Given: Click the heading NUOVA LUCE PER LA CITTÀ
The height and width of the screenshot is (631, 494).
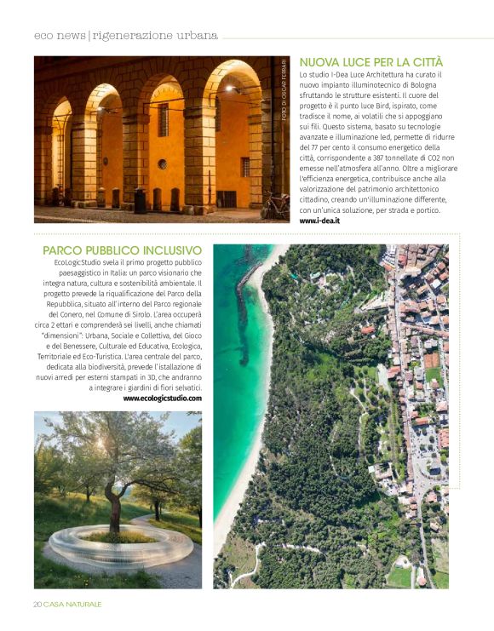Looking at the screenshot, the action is (371, 63).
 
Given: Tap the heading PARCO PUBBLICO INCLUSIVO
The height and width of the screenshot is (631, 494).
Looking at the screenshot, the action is (122, 250).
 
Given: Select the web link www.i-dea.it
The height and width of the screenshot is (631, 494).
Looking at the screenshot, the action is (319, 221).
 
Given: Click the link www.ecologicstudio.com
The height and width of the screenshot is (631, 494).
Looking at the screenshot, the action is (163, 398).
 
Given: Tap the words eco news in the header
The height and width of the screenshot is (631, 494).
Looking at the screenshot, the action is (60, 36).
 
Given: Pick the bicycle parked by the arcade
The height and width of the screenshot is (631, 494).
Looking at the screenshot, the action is (275, 204).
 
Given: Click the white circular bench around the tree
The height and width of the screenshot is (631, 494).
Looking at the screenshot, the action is (119, 545).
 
